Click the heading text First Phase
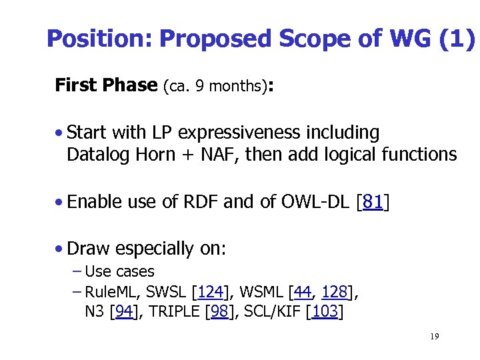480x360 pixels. [x=106, y=85]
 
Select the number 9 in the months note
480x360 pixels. [x=199, y=87]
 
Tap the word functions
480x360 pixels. [x=419, y=155]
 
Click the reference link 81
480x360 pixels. [x=373, y=202]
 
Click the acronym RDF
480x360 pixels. [x=201, y=202]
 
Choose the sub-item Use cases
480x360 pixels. [x=120, y=272]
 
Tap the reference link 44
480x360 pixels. [x=303, y=292]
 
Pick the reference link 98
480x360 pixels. [x=219, y=311]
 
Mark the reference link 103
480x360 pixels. [x=324, y=311]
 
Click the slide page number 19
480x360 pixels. [x=434, y=337]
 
